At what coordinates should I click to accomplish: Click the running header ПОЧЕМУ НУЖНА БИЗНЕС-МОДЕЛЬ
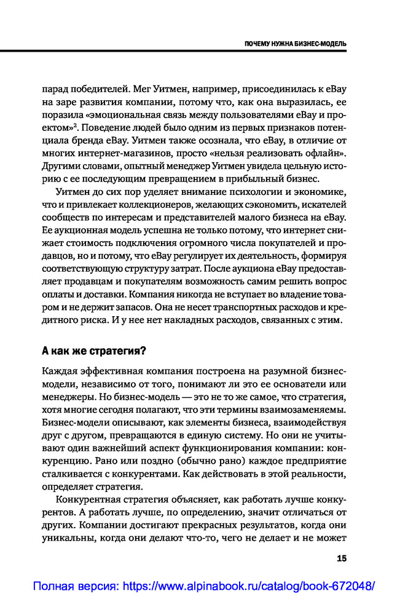[295, 44]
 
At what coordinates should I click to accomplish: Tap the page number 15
[342, 558]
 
